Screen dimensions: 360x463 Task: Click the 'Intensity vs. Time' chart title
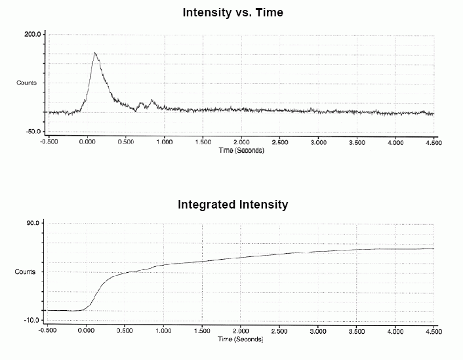[x=233, y=12]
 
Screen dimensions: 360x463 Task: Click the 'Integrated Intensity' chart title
[x=233, y=205]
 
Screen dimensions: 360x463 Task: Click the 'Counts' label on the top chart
[x=26, y=83]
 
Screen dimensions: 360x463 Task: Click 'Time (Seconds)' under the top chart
[x=241, y=150]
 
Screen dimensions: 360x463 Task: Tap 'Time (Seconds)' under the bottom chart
[x=241, y=339]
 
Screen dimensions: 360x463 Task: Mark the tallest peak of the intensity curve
[x=95, y=53]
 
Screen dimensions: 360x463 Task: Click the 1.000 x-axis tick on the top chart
[x=164, y=142]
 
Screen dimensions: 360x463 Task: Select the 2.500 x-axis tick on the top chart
[x=280, y=142]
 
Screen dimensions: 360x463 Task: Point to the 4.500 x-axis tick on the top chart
[x=433, y=142]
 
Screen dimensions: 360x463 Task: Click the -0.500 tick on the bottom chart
[x=49, y=331]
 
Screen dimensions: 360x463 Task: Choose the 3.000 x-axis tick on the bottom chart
[x=319, y=331]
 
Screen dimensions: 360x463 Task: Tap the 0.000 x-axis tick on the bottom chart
[x=87, y=331]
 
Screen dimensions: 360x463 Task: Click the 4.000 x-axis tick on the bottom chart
[x=395, y=331]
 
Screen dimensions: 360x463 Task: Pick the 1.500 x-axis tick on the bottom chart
[x=203, y=331]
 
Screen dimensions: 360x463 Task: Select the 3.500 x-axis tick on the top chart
[x=357, y=142]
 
